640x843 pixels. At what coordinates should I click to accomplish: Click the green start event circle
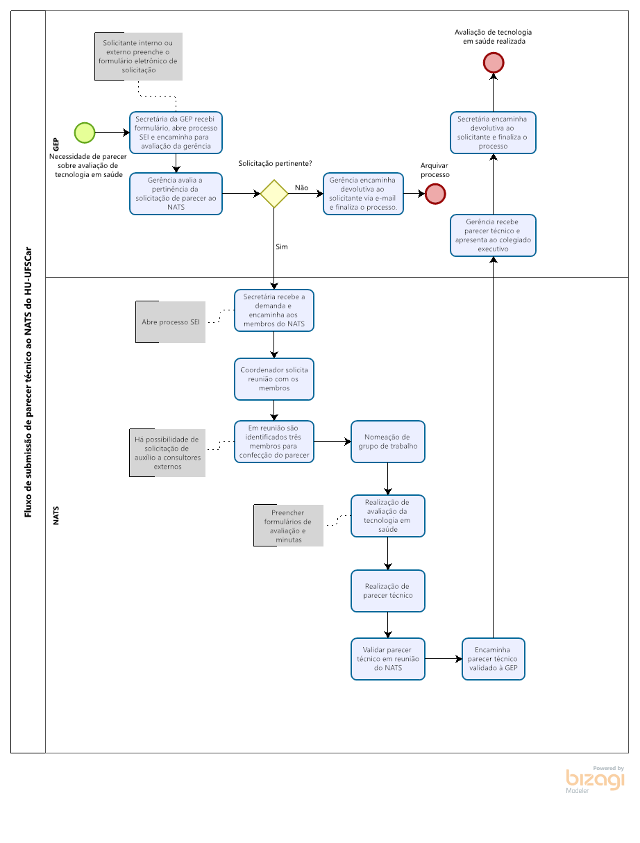click(x=85, y=133)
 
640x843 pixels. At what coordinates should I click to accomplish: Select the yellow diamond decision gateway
click(x=274, y=194)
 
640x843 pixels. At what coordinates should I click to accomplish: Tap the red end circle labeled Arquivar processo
click(x=435, y=194)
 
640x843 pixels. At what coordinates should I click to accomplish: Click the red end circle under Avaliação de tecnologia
click(x=494, y=62)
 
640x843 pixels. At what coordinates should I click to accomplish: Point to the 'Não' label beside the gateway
click(x=301, y=187)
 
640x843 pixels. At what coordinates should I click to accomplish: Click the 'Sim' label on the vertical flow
click(x=281, y=247)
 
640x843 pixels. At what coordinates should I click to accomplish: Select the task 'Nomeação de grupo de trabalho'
click(x=388, y=442)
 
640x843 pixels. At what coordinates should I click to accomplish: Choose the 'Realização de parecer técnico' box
click(x=388, y=591)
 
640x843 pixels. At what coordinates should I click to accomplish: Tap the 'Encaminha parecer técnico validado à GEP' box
click(x=493, y=659)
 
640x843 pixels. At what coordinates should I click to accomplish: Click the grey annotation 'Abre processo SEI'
click(x=171, y=322)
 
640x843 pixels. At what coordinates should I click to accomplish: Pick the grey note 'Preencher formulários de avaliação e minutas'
click(x=288, y=526)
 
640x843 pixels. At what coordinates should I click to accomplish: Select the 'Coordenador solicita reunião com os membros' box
click(x=274, y=379)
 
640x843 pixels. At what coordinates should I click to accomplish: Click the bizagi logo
click(x=595, y=780)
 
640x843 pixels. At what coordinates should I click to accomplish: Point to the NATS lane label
click(x=56, y=515)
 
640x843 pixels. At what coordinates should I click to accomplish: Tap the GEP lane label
click(x=56, y=144)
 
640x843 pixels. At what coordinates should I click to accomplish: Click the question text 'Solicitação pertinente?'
click(x=275, y=164)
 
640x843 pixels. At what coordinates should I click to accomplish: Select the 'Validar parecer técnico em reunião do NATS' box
click(x=388, y=659)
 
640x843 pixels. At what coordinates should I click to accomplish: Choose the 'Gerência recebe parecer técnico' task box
click(x=493, y=235)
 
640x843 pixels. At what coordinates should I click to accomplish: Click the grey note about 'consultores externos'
click(x=167, y=453)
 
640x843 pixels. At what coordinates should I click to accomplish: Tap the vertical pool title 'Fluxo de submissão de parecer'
click(x=28, y=382)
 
